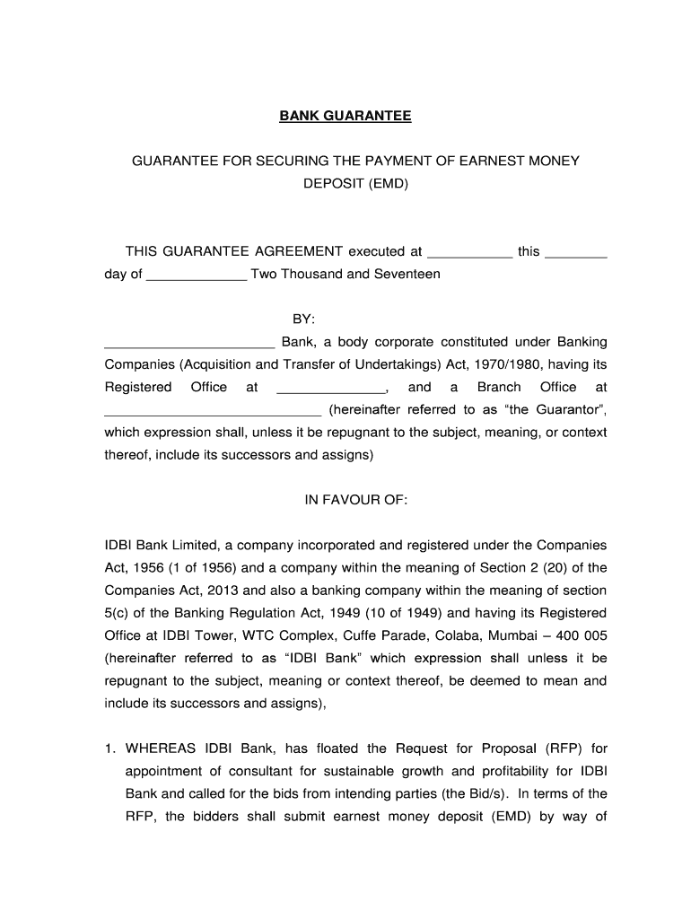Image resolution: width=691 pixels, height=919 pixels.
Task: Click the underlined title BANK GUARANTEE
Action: [x=345, y=117]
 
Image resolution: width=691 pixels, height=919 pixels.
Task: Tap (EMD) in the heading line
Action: [x=388, y=183]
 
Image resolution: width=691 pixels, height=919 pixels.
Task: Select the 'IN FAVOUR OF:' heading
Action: [x=356, y=500]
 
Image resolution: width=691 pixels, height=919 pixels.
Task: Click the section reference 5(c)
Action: [x=119, y=613]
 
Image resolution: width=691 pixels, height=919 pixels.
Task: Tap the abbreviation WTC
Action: [x=265, y=635]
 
